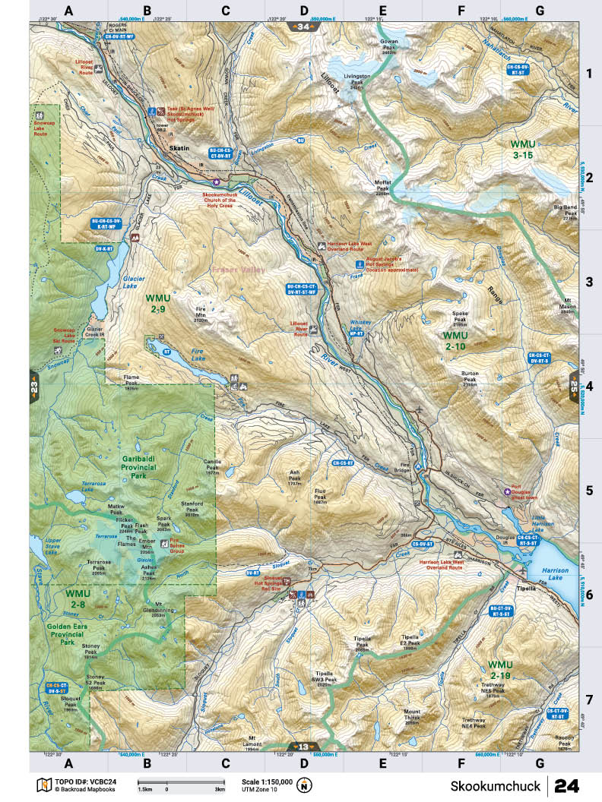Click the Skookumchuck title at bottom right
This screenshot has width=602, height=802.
[x=495, y=785]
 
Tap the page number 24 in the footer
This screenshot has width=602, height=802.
[x=572, y=785]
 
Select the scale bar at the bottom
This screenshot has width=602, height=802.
[x=180, y=782]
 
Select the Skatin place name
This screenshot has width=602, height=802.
[x=179, y=147]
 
